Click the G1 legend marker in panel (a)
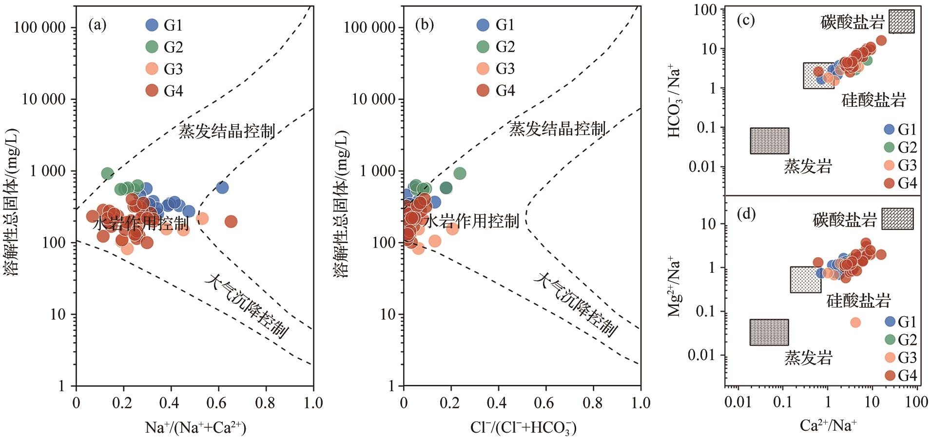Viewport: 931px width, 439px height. (152, 25)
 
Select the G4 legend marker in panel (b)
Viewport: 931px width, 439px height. (483, 90)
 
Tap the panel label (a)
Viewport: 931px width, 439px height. (97, 25)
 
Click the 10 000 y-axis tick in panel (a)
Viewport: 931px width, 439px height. (43, 99)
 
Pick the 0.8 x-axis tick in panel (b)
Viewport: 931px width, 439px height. (593, 402)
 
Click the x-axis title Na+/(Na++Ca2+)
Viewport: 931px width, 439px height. (195, 427)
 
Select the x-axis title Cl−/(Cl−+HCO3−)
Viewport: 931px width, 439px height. (523, 427)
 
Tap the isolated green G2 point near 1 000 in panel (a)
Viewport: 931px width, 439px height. (107, 173)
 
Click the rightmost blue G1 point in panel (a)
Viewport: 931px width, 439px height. (222, 188)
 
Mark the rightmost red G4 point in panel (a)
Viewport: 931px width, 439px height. (231, 222)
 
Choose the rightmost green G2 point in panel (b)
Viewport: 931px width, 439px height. (460, 173)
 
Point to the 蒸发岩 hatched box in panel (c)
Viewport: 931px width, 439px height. (769, 141)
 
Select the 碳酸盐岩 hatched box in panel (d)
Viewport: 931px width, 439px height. (897, 219)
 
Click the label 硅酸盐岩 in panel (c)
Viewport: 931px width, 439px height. (873, 100)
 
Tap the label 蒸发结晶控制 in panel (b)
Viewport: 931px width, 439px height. (557, 129)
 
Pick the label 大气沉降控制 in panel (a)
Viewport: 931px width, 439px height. (247, 306)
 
